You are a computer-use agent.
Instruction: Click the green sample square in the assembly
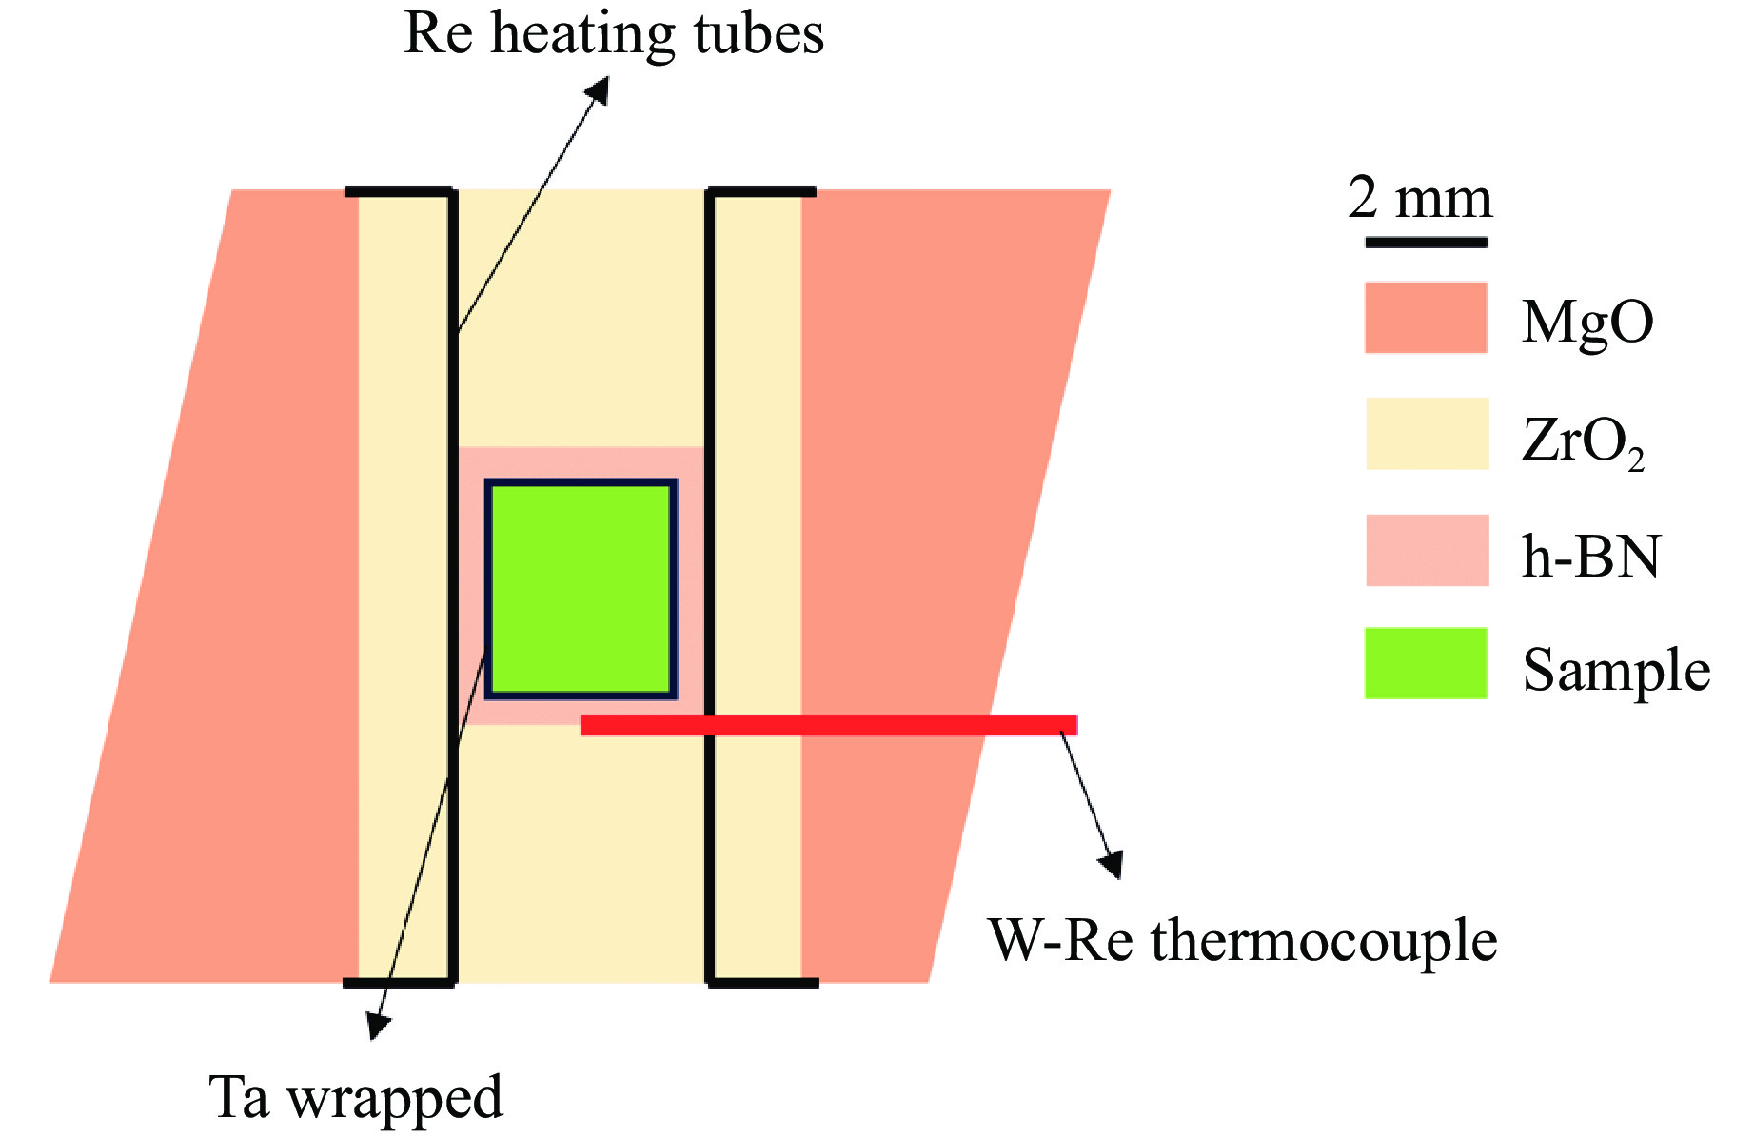click(581, 588)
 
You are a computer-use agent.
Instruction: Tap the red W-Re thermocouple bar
click(828, 725)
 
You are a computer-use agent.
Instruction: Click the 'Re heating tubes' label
click(614, 34)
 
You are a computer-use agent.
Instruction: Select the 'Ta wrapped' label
click(356, 1097)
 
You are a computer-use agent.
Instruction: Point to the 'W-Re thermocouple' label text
click(1242, 940)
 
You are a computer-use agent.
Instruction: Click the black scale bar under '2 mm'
click(1426, 243)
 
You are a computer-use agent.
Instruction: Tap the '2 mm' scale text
click(1420, 198)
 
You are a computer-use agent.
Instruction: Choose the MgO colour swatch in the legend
click(1426, 318)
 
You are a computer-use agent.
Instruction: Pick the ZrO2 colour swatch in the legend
click(1426, 434)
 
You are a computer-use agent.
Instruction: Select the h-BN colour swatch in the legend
click(1426, 550)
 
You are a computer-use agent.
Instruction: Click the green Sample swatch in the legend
click(1426, 664)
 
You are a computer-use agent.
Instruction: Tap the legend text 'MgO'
click(1586, 323)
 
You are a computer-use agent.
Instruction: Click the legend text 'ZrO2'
click(1583, 442)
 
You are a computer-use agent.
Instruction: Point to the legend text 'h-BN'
click(1590, 557)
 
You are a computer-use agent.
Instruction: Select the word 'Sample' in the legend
click(1616, 671)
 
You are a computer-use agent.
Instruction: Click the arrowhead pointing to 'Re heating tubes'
click(599, 88)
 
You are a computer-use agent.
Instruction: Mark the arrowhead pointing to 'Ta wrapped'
click(378, 1026)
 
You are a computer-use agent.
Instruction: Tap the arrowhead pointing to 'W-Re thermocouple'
click(1111, 864)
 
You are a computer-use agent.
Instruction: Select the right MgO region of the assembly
click(933, 476)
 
